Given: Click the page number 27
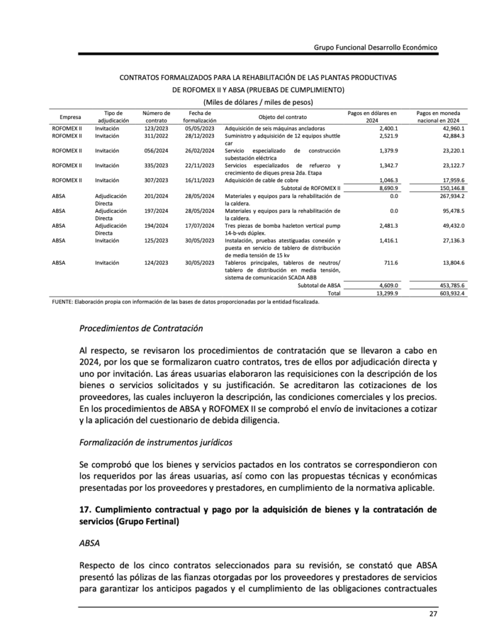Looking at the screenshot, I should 433,614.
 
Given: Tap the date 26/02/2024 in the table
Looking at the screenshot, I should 200,150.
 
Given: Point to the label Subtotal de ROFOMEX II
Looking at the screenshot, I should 310,188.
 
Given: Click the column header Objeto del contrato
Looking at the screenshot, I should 282,117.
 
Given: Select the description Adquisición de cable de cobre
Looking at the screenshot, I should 262,180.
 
